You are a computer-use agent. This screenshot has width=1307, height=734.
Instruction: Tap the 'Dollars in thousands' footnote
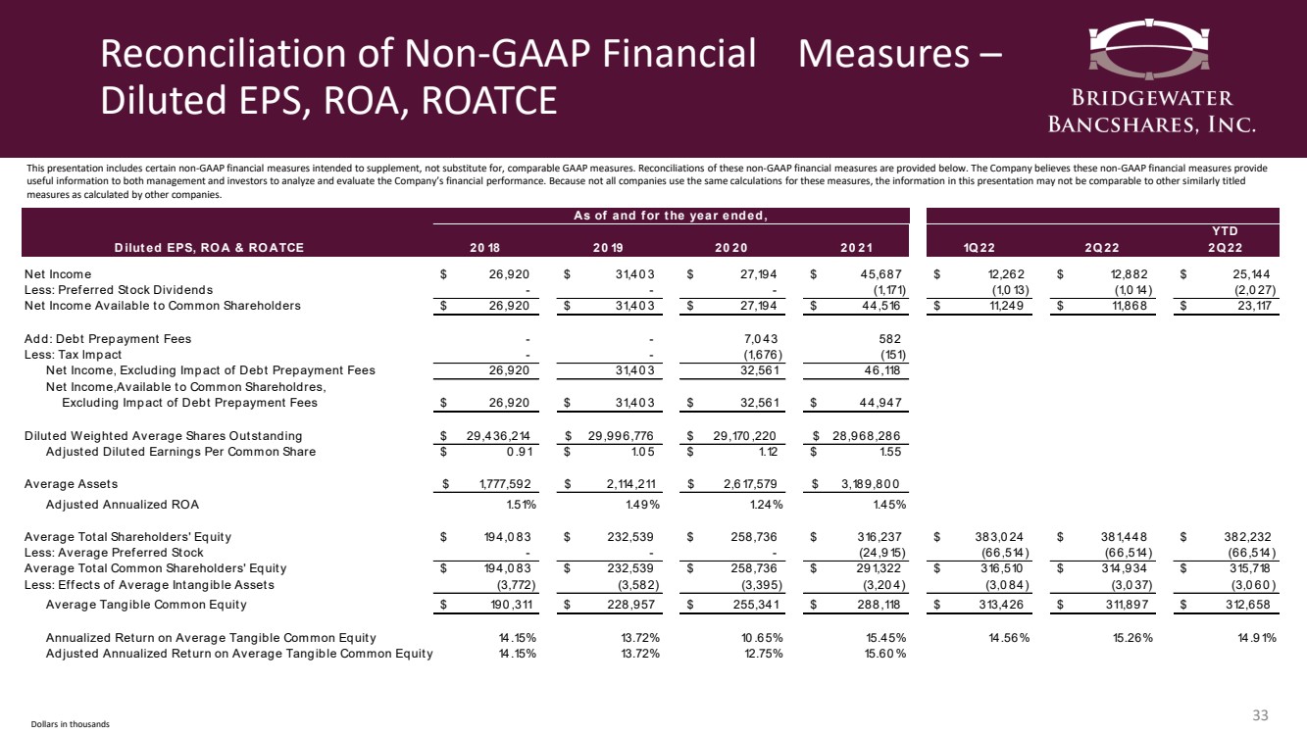click(62, 723)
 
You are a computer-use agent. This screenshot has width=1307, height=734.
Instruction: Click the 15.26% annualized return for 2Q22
click(1127, 638)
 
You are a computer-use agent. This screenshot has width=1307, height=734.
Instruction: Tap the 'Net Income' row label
click(58, 274)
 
